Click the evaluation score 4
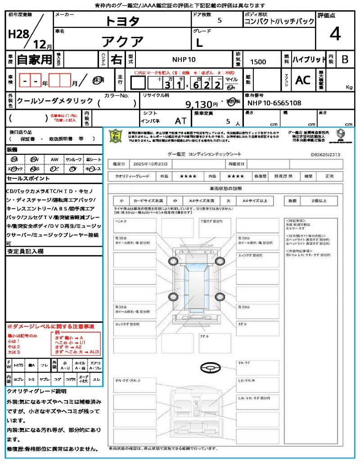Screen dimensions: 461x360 pyautogui.click(x=335, y=34)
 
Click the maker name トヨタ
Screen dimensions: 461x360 pyautogui.click(x=122, y=21)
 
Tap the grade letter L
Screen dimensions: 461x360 pyautogui.click(x=199, y=43)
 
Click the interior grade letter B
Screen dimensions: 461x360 pyautogui.click(x=345, y=59)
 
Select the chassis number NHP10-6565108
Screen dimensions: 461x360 pyautogui.click(x=274, y=103)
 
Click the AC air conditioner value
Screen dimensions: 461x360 pyautogui.click(x=303, y=80)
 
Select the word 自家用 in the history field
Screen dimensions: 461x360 pyautogui.click(x=34, y=59)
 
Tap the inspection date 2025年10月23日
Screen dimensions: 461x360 pyautogui.click(x=153, y=164)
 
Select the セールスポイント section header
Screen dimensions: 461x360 pyautogui.click(x=23, y=179)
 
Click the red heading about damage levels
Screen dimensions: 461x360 pyautogui.click(x=50, y=326)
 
